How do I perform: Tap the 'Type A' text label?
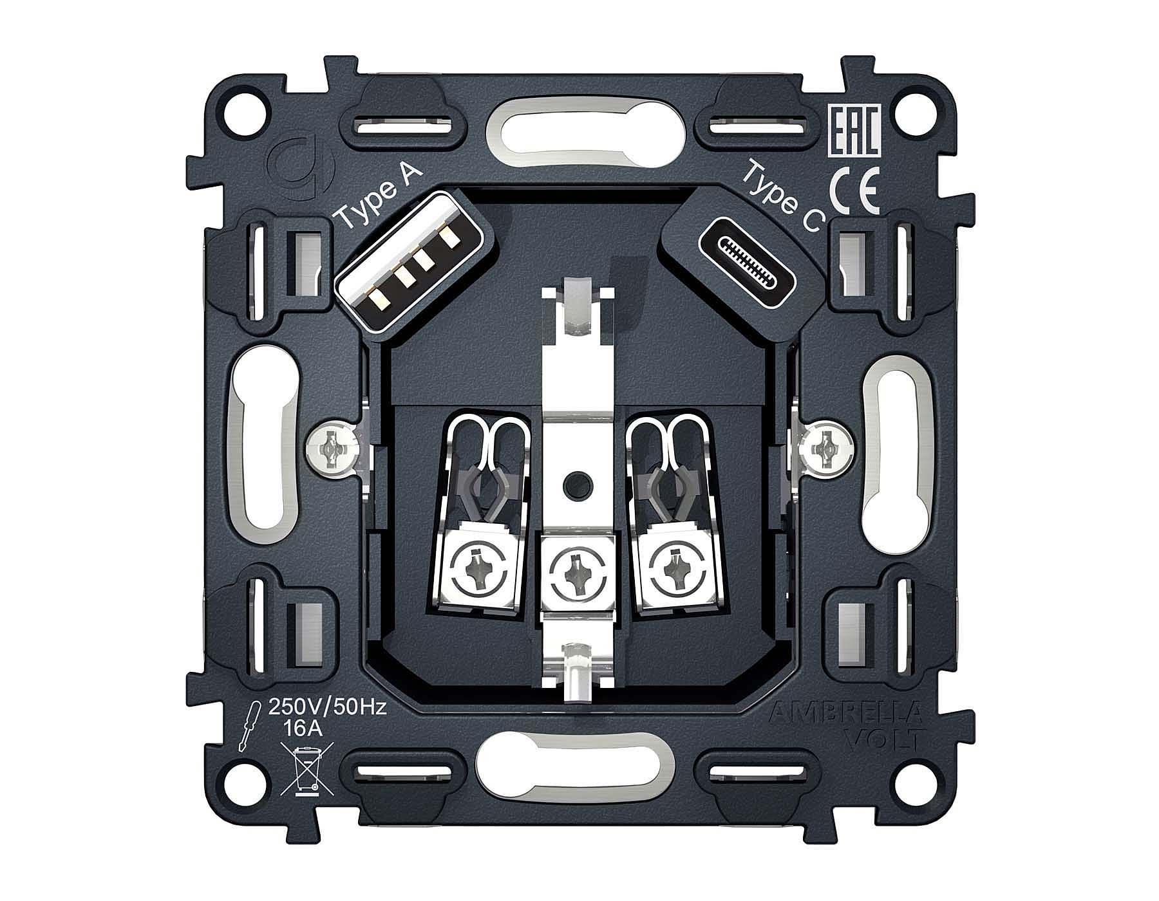pos(381,196)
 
